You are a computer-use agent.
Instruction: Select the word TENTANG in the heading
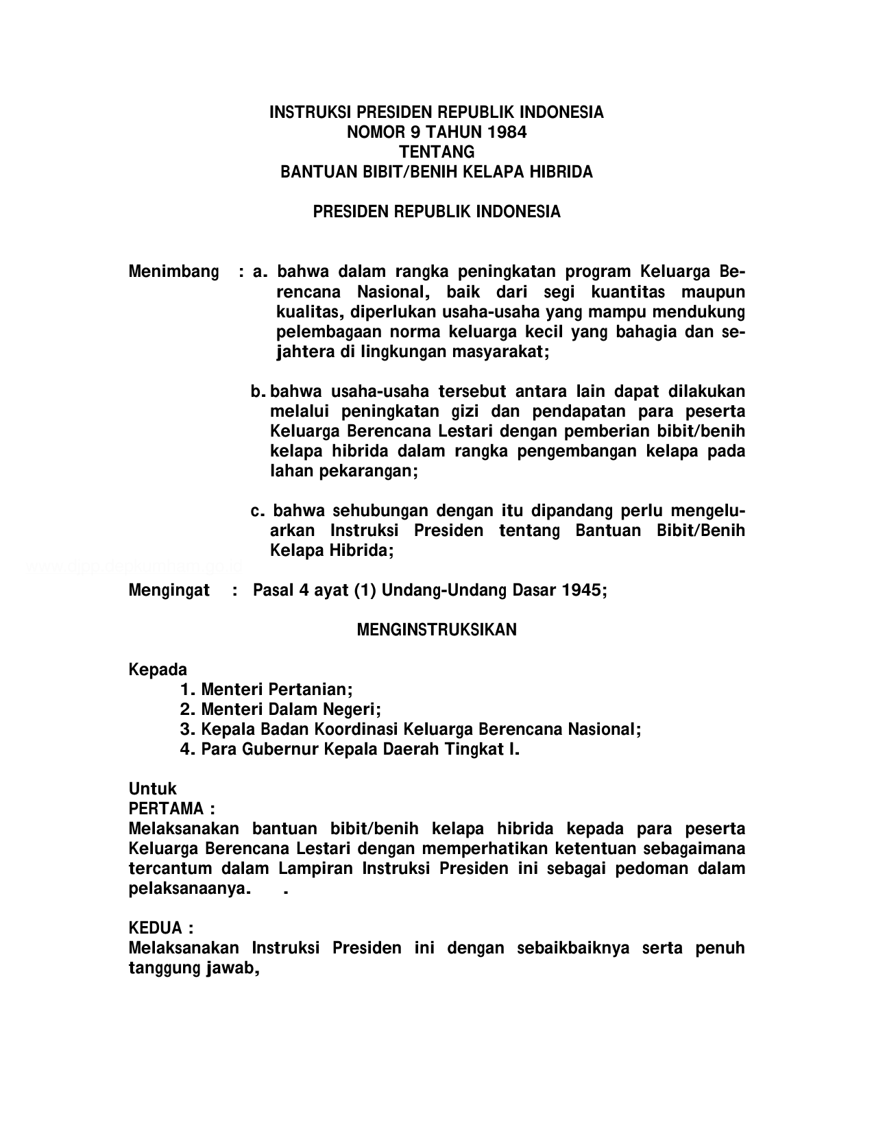pyautogui.click(x=437, y=152)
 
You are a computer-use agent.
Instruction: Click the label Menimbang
pyautogui.click(x=174, y=272)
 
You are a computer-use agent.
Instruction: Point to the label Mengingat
pyautogui.click(x=169, y=590)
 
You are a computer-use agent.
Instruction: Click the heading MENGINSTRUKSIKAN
pyautogui.click(x=437, y=630)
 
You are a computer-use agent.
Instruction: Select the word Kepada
pyautogui.click(x=158, y=669)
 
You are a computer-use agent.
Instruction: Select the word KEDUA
pyautogui.click(x=156, y=928)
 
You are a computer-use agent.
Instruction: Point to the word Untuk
pyautogui.click(x=152, y=789)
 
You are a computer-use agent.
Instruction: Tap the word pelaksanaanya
pyautogui.click(x=188, y=889)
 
